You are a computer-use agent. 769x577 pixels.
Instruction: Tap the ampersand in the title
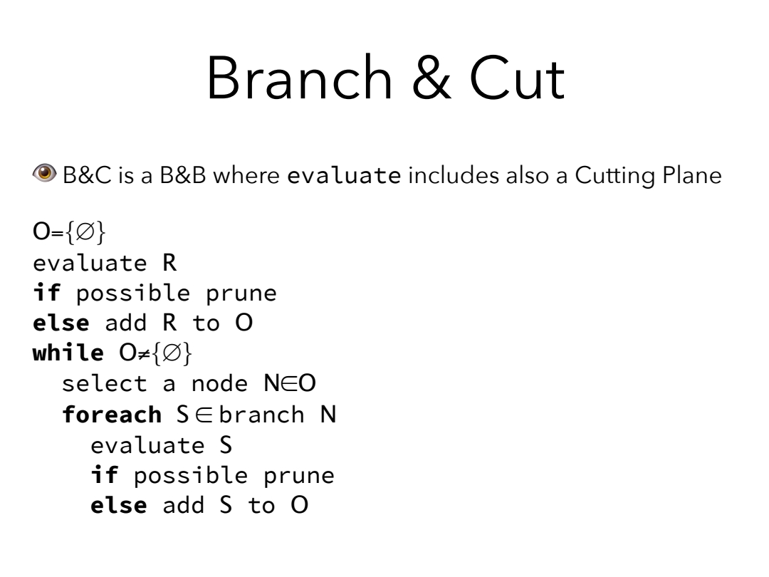(431, 78)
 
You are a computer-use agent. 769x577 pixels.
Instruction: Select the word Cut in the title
(518, 78)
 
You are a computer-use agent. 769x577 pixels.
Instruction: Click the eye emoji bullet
(45, 173)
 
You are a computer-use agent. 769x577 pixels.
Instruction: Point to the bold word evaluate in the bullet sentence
(344, 175)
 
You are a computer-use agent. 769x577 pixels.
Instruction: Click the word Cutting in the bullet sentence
(615, 176)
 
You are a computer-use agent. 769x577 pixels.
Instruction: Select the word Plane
(692, 175)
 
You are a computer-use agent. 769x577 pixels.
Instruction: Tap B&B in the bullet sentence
(183, 175)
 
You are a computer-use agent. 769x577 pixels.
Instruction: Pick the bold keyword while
(68, 353)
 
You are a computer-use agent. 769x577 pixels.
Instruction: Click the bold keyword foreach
(112, 415)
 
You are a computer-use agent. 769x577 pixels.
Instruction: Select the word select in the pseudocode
(105, 383)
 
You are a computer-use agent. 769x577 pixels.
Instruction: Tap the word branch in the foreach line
(261, 415)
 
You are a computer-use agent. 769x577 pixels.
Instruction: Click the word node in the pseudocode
(220, 384)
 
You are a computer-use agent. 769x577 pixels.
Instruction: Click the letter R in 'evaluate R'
(169, 263)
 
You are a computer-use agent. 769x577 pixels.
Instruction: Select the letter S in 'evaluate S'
(226, 445)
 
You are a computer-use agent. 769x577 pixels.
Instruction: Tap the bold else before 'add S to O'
(119, 505)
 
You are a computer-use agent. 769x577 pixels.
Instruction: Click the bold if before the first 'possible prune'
(46, 293)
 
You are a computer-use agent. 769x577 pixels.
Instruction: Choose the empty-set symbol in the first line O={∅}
(85, 232)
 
